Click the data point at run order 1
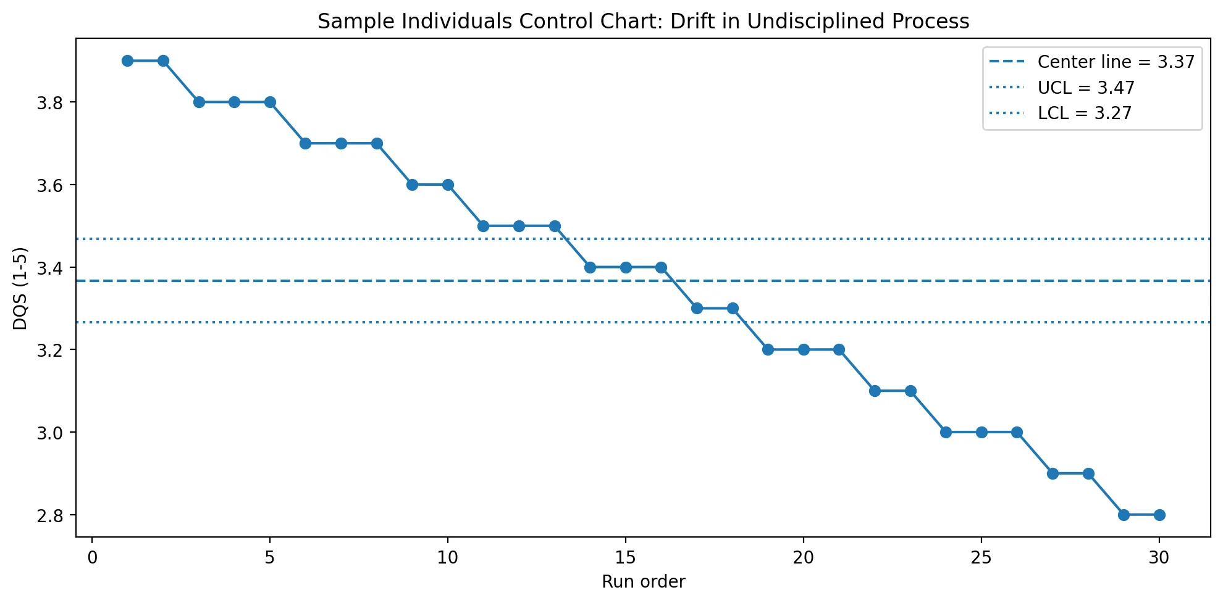[x=128, y=60]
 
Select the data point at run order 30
[x=1159, y=515]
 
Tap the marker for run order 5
[x=270, y=102]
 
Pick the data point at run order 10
[x=448, y=185]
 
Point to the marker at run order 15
[x=626, y=267]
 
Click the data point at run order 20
[x=804, y=349]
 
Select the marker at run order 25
[x=981, y=432]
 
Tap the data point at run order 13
[x=555, y=226]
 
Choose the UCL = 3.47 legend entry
[x=1085, y=88]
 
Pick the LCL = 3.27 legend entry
[x=1084, y=113]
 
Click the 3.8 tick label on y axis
[x=49, y=103]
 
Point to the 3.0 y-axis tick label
[x=49, y=433]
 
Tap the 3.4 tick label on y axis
[x=49, y=268]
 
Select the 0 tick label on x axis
[x=93, y=557]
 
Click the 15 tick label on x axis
[x=626, y=557]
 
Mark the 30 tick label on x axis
[x=1159, y=557]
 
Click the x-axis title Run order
[x=643, y=582]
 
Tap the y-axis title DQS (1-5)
[x=20, y=288]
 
